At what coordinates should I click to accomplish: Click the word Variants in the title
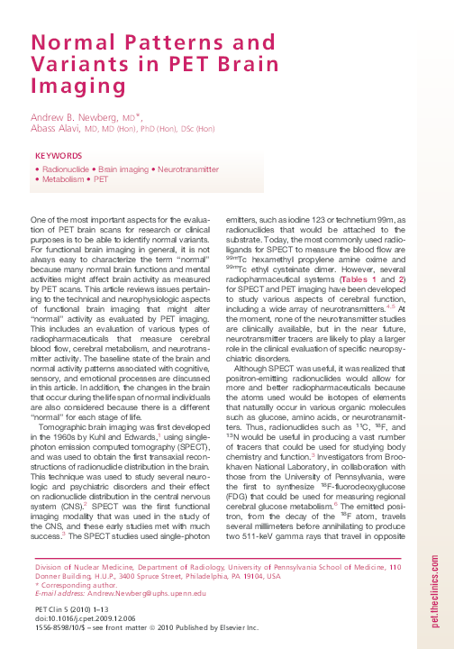(x=77, y=64)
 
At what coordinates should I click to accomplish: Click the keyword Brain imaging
(x=123, y=169)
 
